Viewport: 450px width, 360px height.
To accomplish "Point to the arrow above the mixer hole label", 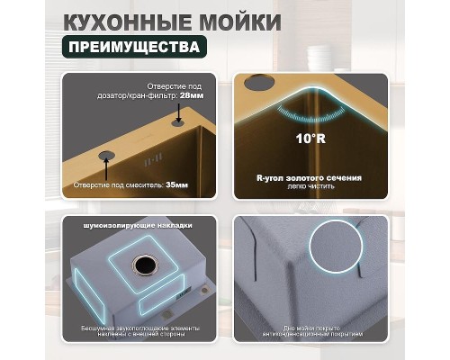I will (106, 166).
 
